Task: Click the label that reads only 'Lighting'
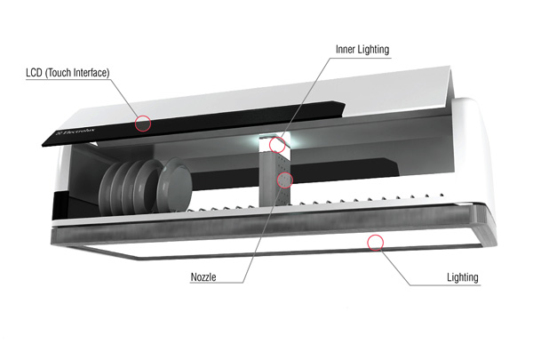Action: (x=463, y=277)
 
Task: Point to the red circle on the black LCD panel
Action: (x=143, y=124)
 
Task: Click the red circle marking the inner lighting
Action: (x=277, y=144)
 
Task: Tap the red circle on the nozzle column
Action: (x=284, y=179)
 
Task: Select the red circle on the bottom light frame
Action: (x=376, y=240)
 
